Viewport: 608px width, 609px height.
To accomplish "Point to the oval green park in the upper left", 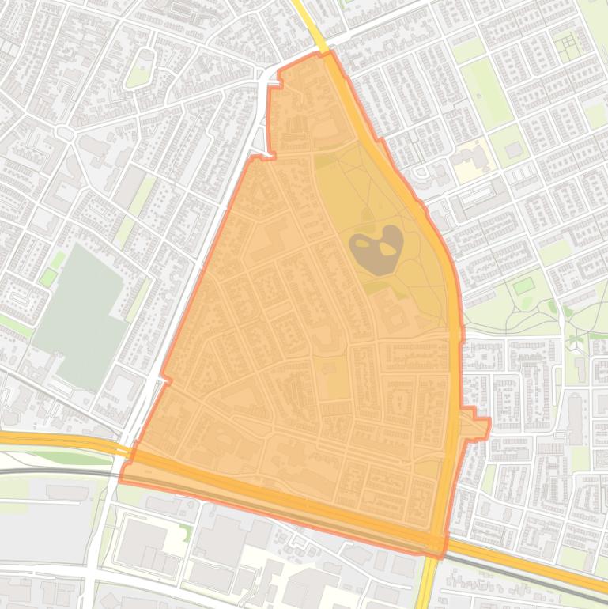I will (x=141, y=68).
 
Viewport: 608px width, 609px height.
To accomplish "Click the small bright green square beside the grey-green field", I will (x=48, y=277).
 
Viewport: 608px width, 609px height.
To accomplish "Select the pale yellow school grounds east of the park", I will (x=473, y=161).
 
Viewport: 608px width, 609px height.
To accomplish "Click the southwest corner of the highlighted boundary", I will (x=122, y=477).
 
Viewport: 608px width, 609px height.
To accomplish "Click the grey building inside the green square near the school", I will (x=514, y=149).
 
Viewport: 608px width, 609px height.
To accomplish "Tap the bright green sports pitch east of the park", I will (x=523, y=285).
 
